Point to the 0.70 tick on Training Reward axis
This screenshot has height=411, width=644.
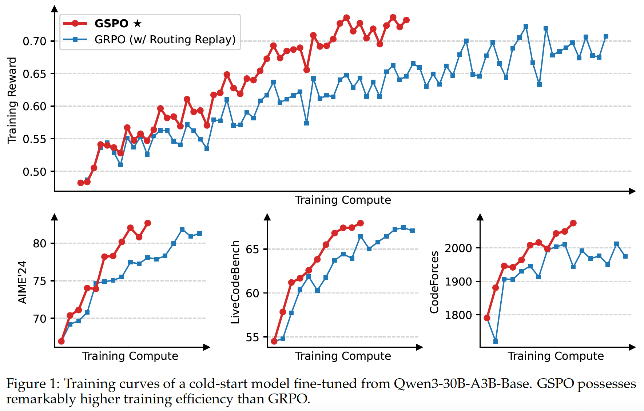[x=35, y=41]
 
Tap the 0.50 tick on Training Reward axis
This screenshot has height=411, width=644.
[x=35, y=172]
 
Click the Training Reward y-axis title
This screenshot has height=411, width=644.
[x=12, y=100]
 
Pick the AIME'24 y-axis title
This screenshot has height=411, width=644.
[x=23, y=282]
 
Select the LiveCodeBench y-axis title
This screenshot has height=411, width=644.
[x=235, y=282]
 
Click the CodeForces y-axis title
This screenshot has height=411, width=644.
[x=434, y=282]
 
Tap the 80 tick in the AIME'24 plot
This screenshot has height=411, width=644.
[x=40, y=243]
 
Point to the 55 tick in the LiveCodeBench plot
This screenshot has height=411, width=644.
[x=253, y=338]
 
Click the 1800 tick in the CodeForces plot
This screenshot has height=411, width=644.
[x=458, y=315]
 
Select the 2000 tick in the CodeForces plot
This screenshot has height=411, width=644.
[x=458, y=248]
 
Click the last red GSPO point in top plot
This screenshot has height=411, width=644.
[x=406, y=20]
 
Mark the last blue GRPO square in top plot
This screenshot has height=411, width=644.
[x=606, y=36]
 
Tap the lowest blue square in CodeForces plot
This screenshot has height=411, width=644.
[x=496, y=341]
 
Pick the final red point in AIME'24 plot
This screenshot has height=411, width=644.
[x=148, y=223]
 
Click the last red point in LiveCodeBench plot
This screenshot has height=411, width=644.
[x=361, y=223]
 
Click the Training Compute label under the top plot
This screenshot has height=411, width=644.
[x=343, y=200]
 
